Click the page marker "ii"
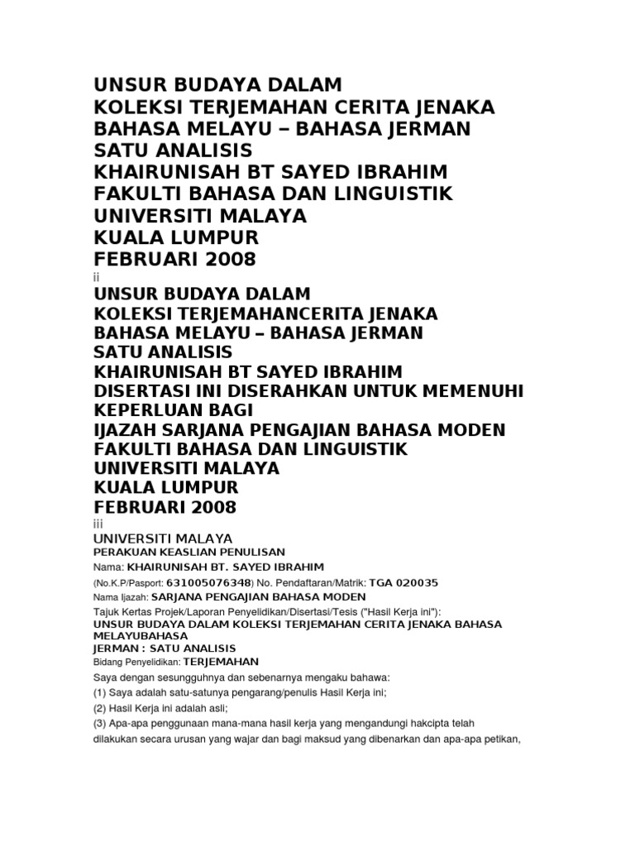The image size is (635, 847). click(96, 278)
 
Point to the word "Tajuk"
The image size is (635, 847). click(107, 611)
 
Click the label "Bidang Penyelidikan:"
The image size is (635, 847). click(136, 663)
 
